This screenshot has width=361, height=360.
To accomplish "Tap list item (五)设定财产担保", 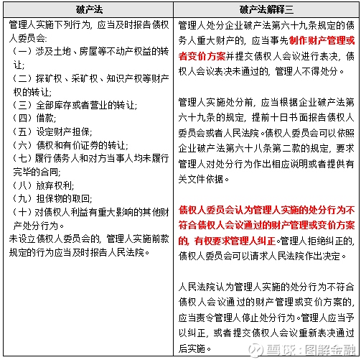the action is [x=49, y=131].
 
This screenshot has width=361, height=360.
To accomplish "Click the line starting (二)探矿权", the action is [x=89, y=77].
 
